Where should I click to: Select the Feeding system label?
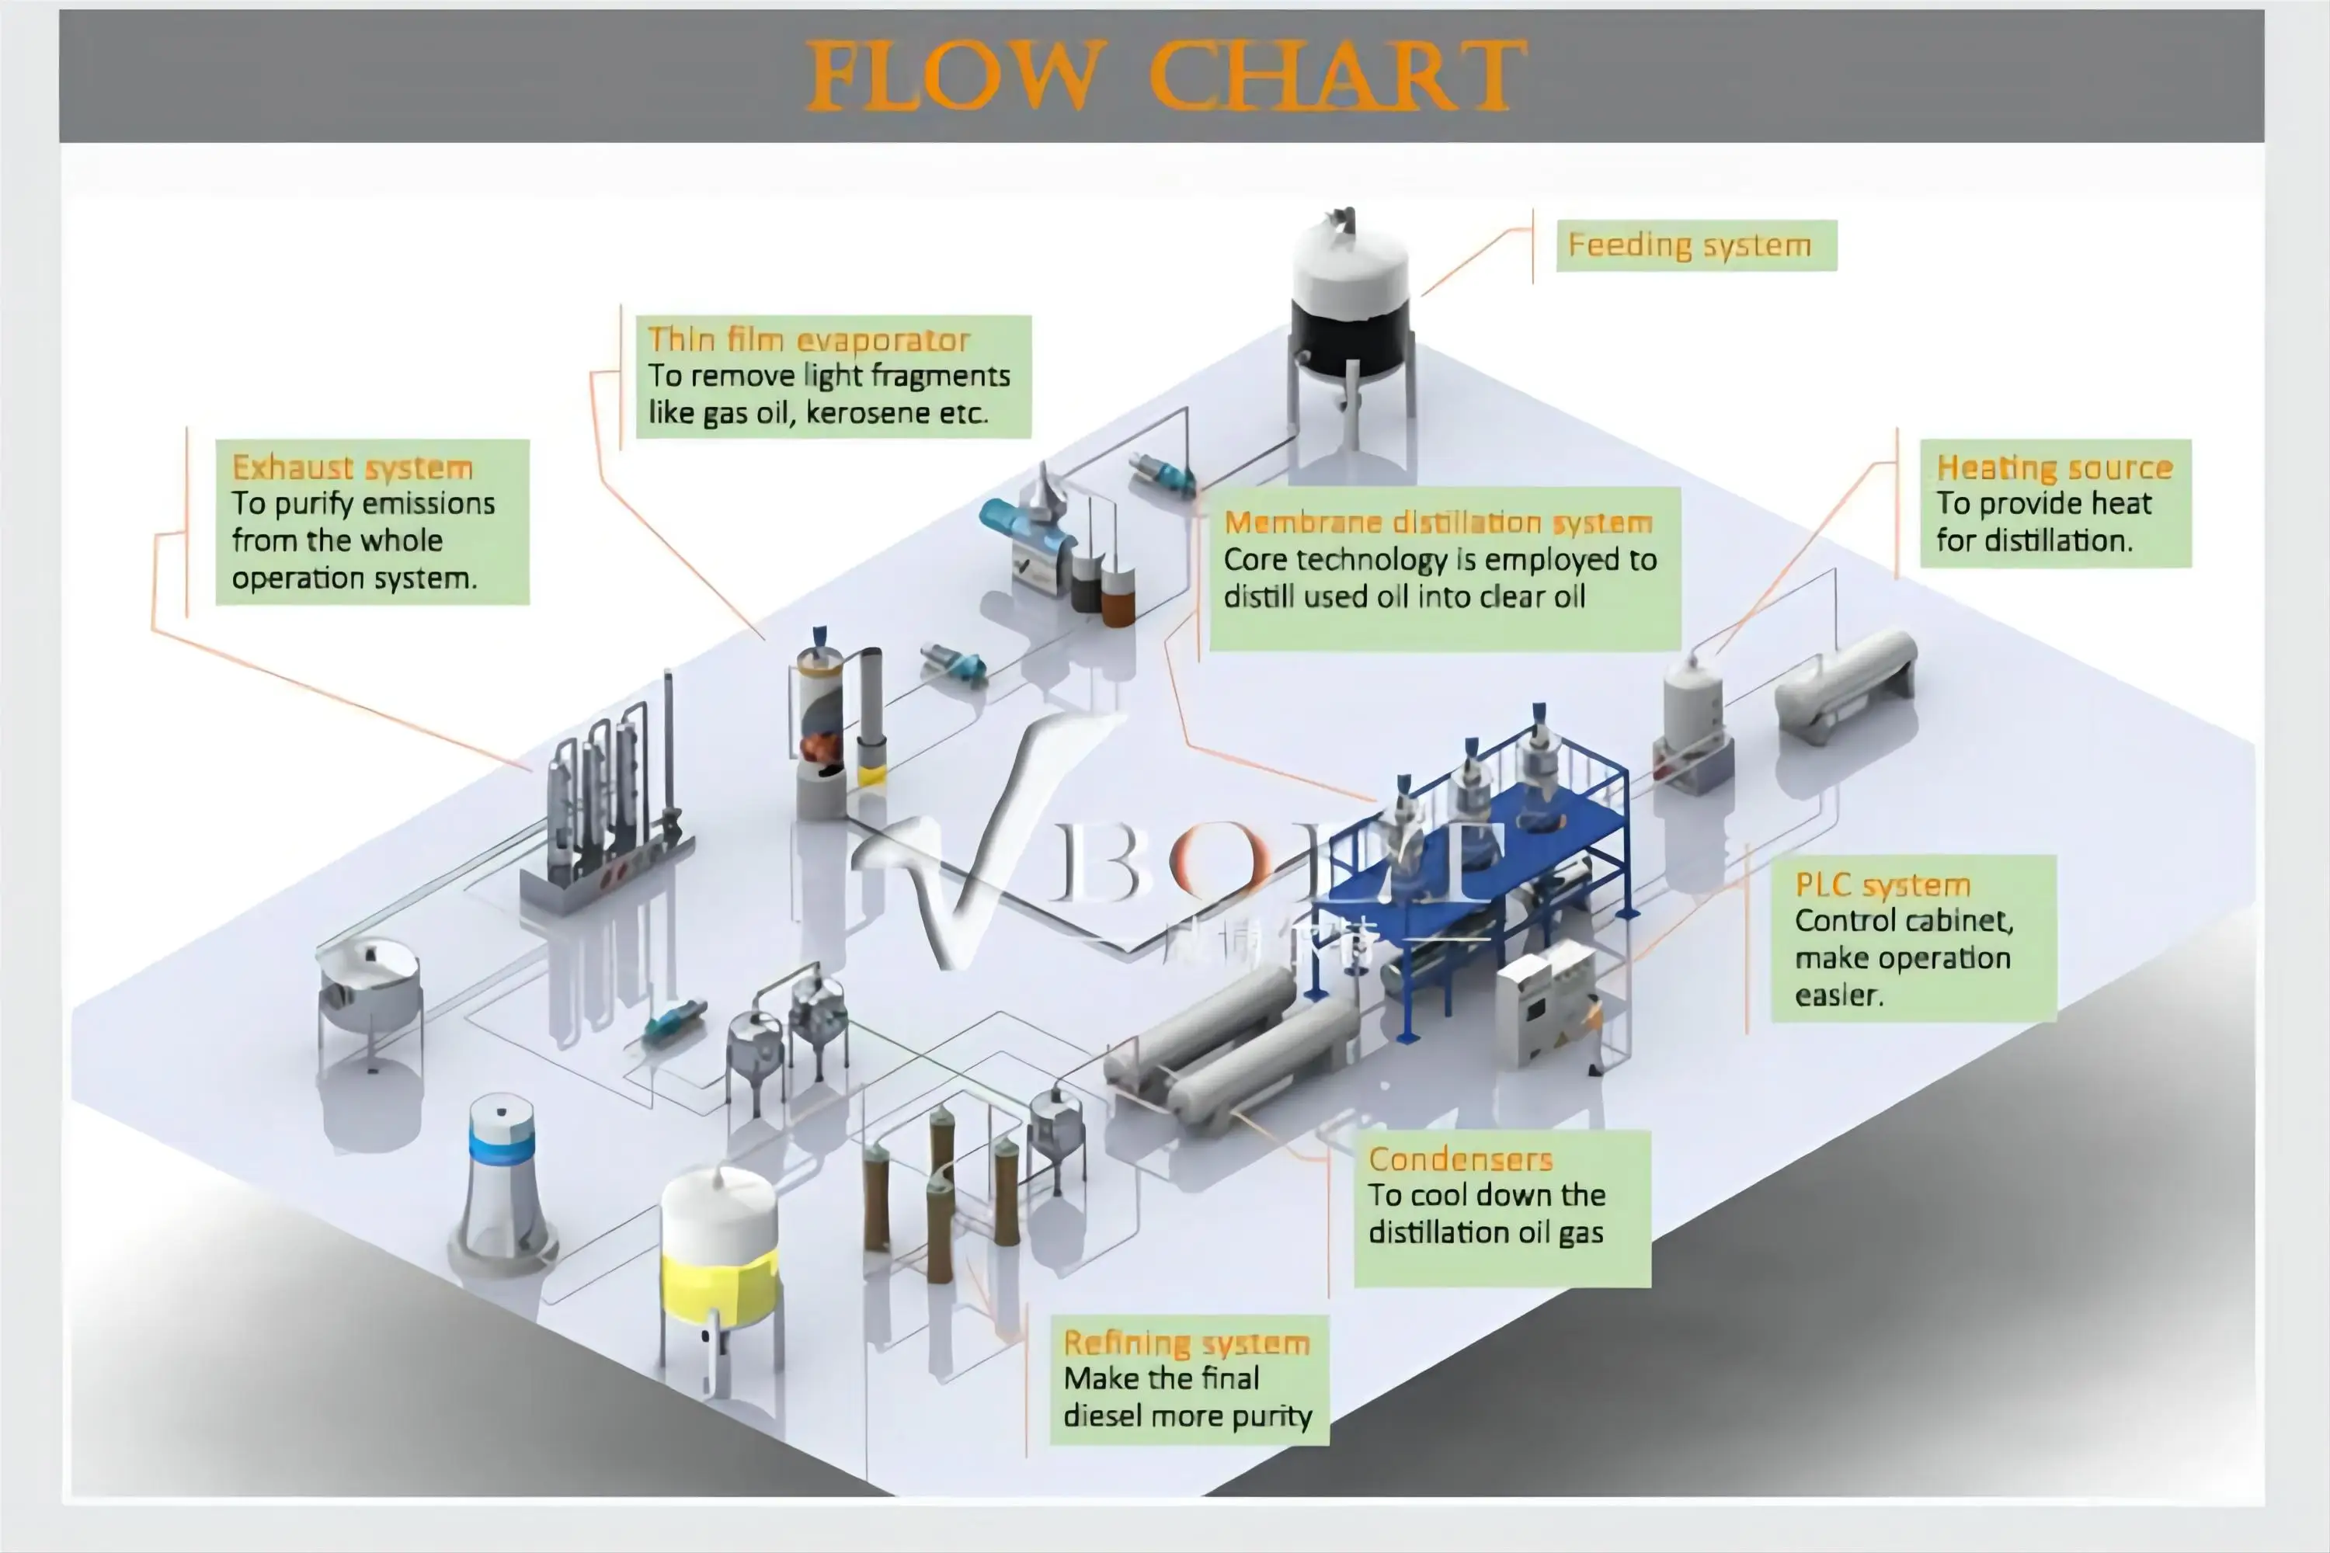(1689, 245)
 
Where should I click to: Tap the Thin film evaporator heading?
(809, 340)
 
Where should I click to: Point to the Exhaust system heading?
(352, 467)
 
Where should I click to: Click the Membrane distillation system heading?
(1438, 522)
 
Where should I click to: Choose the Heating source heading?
(2054, 467)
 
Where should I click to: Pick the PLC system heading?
(1882, 884)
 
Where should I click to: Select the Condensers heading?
(1460, 1159)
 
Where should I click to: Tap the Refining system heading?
(1186, 1343)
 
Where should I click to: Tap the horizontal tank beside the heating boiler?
(1845, 683)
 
